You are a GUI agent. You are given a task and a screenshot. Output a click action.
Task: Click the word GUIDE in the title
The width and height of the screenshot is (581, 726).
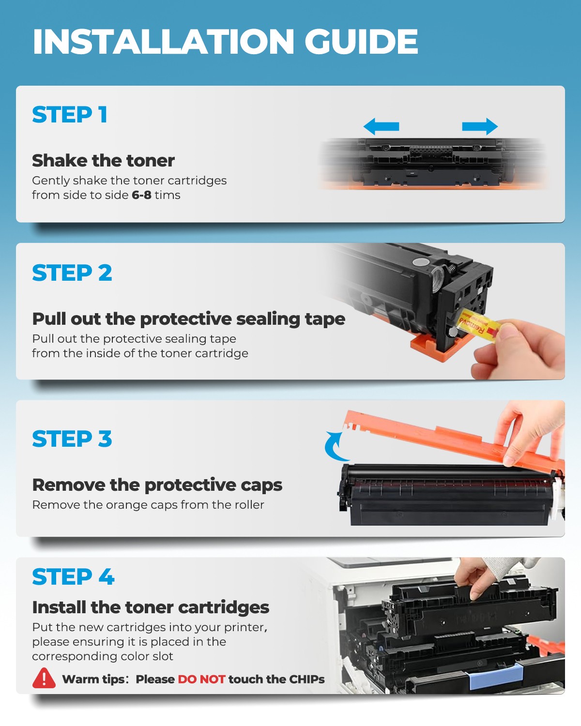(361, 42)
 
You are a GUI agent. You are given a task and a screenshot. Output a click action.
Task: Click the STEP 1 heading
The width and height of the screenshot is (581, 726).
(70, 115)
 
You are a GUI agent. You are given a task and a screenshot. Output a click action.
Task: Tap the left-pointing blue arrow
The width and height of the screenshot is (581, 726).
(381, 127)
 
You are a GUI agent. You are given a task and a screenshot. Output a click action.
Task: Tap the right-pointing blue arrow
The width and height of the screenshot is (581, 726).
(480, 127)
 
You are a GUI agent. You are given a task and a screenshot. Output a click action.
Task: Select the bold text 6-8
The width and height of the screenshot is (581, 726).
(141, 195)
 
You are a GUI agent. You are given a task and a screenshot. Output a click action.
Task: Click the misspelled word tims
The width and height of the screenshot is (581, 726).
(168, 195)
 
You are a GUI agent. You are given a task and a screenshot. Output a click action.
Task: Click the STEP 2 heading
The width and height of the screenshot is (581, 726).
(72, 273)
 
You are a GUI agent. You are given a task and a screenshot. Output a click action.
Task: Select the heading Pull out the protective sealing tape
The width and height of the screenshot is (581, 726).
(188, 319)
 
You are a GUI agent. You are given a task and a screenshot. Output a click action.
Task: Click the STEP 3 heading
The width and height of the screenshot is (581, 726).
(72, 439)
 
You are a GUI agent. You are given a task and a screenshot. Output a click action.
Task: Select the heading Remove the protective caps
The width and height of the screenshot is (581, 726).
(157, 485)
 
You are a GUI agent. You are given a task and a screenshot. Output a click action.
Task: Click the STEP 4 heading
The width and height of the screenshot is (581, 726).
(73, 577)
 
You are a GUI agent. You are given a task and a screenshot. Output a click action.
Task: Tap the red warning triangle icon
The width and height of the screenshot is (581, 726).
(44, 679)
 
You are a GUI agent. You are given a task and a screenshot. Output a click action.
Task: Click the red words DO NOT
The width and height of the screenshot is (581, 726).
(201, 679)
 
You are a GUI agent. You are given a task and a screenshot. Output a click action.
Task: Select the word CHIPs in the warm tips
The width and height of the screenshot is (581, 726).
(306, 679)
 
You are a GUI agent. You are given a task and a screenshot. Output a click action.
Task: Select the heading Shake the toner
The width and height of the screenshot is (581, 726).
(103, 161)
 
